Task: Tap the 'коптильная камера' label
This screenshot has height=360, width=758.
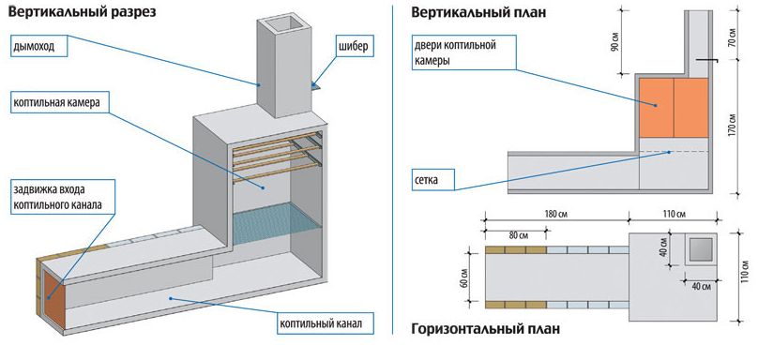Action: [x=59, y=103]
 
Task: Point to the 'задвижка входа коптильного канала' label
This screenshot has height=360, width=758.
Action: [x=62, y=197]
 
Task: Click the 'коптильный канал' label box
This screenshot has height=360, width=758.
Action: [x=326, y=322]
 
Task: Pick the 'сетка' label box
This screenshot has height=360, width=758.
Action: [x=433, y=180]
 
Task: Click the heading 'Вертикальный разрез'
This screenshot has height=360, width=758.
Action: [x=83, y=12]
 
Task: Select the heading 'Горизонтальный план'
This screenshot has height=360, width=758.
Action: [x=486, y=330]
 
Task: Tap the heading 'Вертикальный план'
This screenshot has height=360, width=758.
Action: [x=478, y=12]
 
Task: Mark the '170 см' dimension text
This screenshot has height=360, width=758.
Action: [x=732, y=126]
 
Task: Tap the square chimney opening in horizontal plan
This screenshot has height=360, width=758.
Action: [x=700, y=249]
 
